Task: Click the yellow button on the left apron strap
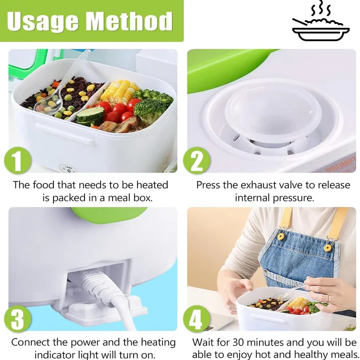[x=281, y=236]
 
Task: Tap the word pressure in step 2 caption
[x=293, y=198]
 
